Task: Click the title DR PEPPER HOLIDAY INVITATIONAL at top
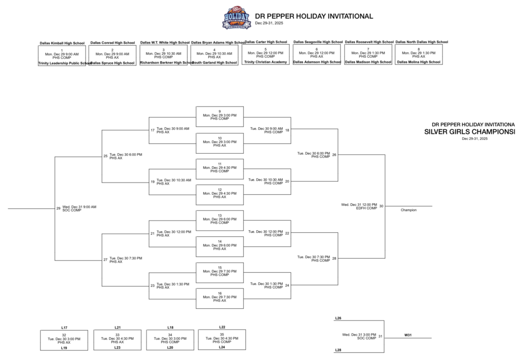point(314,16)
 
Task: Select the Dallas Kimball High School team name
point(62,43)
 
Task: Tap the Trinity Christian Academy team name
point(266,62)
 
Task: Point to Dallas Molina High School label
point(419,62)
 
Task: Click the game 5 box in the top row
point(266,53)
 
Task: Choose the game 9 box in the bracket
point(219,115)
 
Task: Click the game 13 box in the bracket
point(219,219)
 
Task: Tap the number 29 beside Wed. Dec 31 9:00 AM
point(58,208)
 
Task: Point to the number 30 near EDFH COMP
point(381,206)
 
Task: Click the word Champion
point(409,210)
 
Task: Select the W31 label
point(407,335)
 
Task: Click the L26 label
point(338,318)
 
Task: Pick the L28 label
point(338,350)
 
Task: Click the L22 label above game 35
point(222,327)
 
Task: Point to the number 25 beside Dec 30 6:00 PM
point(105,156)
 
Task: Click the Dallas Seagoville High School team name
point(317,42)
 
